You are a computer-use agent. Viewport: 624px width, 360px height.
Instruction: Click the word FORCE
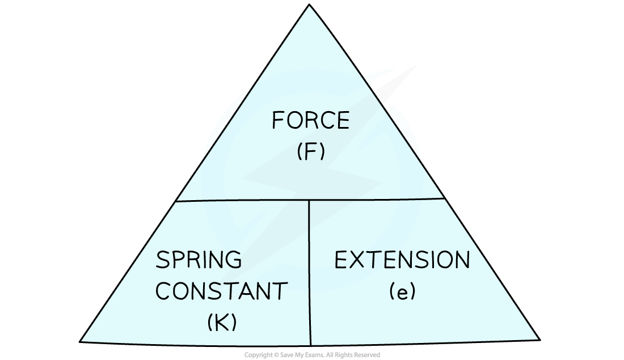[310, 121]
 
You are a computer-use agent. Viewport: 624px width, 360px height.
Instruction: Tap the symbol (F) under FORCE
[311, 153]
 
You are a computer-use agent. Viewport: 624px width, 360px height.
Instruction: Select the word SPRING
[199, 260]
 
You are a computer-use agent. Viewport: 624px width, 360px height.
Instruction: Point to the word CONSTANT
[222, 291]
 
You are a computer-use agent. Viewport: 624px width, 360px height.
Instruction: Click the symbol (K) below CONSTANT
[222, 323]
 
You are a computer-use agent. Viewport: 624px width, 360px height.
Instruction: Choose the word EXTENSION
[402, 260]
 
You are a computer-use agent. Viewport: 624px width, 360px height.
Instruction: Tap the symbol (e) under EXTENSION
[403, 291]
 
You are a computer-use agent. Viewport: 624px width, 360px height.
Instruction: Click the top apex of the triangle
[310, 7]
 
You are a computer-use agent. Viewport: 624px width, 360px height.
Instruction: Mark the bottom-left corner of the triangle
[83, 340]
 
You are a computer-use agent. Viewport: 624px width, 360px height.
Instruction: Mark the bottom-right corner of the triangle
[537, 338]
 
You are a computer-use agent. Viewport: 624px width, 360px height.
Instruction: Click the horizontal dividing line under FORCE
[244, 200]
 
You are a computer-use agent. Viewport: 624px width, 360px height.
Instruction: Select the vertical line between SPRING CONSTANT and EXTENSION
[310, 272]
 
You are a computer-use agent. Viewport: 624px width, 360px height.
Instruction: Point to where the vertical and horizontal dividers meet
[309, 200]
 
